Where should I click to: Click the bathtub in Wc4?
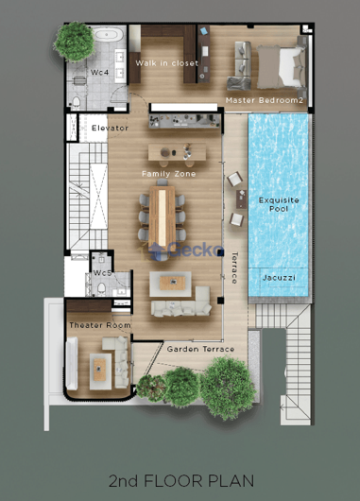[109, 34]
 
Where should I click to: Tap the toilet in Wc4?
[76, 102]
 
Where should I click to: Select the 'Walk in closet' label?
[166, 63]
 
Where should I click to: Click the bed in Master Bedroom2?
[281, 67]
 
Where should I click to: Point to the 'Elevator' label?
[110, 129]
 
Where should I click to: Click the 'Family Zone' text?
[168, 174]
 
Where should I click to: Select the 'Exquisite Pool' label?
[279, 204]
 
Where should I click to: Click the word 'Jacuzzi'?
[279, 278]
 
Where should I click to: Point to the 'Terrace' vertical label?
[234, 268]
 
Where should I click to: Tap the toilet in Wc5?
[101, 288]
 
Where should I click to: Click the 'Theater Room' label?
[100, 325]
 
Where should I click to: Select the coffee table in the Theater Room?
[99, 370]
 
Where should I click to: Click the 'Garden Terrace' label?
[200, 349]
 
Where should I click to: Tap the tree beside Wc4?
[75, 42]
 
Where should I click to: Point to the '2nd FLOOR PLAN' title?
[181, 481]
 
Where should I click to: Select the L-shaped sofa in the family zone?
[180, 302]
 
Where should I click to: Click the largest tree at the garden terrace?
[228, 388]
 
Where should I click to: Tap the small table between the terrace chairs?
[241, 199]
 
